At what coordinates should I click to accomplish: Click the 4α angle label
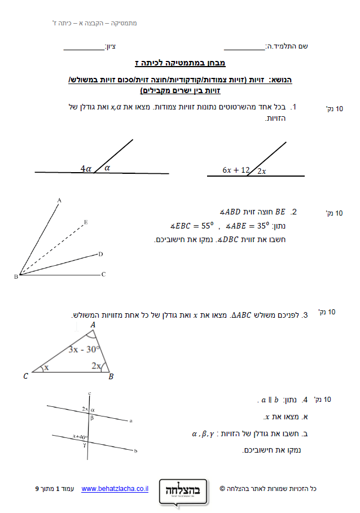click(86, 168)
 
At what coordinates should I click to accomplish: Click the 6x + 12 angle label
click(235, 170)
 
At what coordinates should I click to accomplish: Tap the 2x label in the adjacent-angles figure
click(262, 171)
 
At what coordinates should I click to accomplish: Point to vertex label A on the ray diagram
click(59, 200)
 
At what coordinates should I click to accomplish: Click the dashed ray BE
click(54, 248)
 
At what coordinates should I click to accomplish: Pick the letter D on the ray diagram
click(100, 254)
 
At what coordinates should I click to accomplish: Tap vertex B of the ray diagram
click(16, 277)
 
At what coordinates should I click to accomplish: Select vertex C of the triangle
click(25, 376)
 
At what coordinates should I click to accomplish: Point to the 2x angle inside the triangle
click(96, 366)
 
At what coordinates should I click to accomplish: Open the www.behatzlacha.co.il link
click(115, 488)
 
